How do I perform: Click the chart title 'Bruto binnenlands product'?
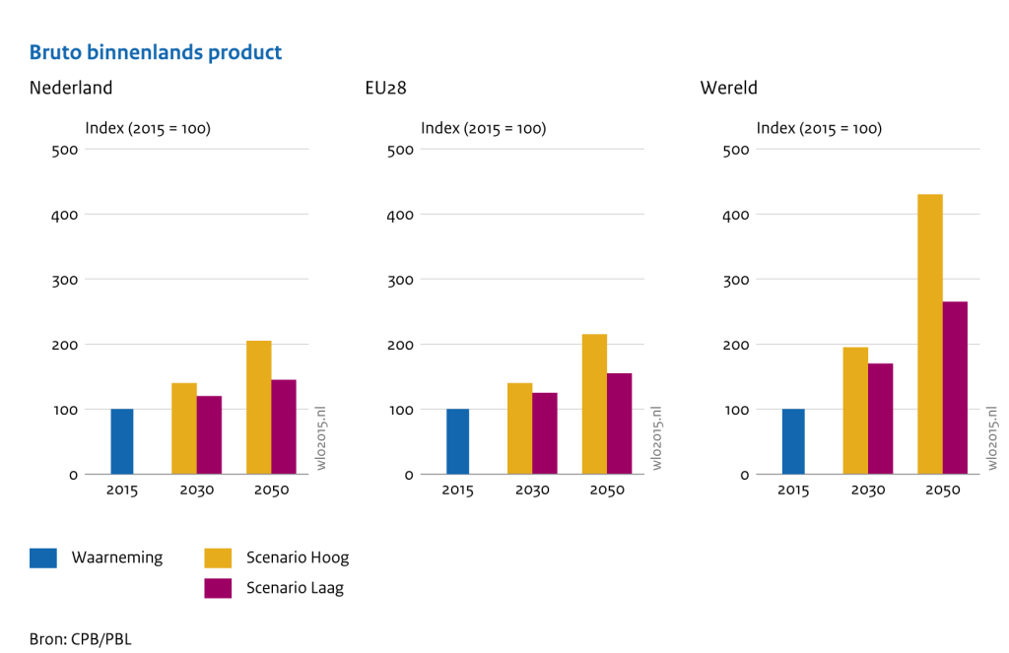click(x=156, y=52)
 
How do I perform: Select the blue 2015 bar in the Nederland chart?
click(x=122, y=441)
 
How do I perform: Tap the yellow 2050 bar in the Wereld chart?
click(x=930, y=334)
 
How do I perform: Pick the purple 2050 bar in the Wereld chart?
click(x=955, y=387)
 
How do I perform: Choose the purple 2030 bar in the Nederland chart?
click(x=209, y=434)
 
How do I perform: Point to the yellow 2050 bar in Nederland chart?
click(x=258, y=407)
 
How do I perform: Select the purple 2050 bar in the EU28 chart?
click(x=619, y=424)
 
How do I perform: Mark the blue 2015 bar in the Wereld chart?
click(x=793, y=441)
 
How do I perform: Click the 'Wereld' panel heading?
click(x=728, y=88)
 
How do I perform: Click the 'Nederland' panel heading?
click(x=71, y=88)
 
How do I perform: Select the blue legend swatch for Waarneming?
click(x=43, y=558)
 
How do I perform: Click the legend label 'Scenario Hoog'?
click(x=297, y=558)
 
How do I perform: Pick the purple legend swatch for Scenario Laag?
click(x=218, y=588)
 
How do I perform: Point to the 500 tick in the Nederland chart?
click(x=65, y=150)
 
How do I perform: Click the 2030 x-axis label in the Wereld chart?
click(x=867, y=490)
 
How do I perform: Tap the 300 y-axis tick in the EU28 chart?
click(x=400, y=280)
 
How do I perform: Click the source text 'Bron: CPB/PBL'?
click(x=80, y=639)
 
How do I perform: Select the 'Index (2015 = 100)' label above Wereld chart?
click(x=818, y=128)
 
